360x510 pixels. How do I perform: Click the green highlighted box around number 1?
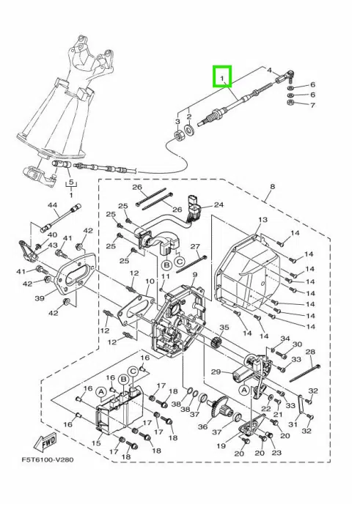click(x=222, y=77)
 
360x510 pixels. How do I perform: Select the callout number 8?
click(x=273, y=187)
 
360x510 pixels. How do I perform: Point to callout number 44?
click(x=52, y=205)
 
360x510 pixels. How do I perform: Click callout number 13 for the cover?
click(x=262, y=220)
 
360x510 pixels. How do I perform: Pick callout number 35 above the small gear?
click(x=224, y=328)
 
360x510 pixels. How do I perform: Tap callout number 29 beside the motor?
click(x=216, y=372)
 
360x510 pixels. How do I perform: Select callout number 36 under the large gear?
click(x=202, y=426)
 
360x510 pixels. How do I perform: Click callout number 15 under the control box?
click(x=96, y=443)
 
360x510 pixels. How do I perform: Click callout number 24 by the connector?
click(x=219, y=205)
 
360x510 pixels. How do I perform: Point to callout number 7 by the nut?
click(x=313, y=106)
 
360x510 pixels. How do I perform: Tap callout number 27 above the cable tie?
click(x=195, y=246)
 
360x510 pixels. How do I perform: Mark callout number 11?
click(x=166, y=276)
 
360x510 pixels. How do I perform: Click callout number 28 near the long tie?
click(x=311, y=352)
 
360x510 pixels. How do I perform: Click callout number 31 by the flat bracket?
click(x=293, y=424)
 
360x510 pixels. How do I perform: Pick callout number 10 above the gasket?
click(x=150, y=281)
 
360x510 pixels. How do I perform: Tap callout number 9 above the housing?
click(x=194, y=275)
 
